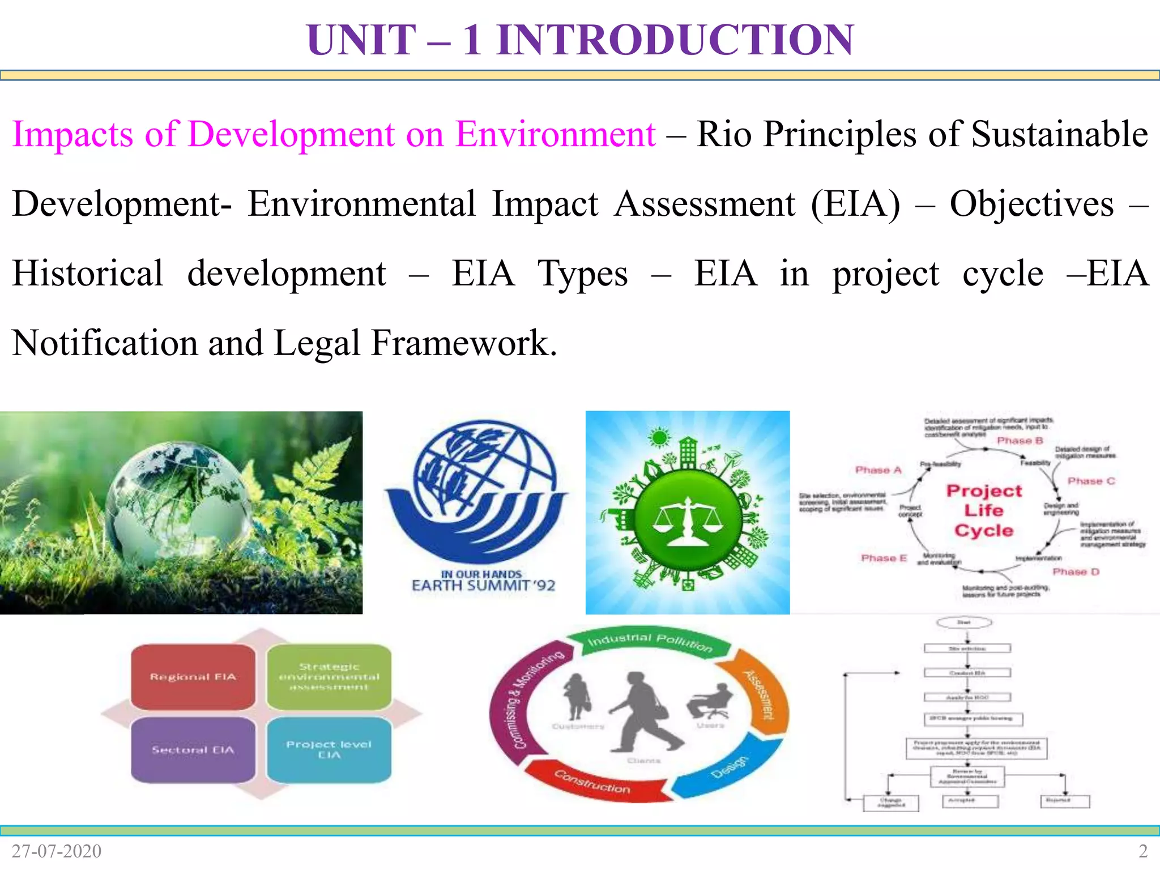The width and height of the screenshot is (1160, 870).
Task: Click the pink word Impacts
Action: (x=72, y=135)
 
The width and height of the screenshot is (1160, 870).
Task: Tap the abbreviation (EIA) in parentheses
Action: (x=855, y=204)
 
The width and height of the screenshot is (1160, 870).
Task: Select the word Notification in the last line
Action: (x=105, y=343)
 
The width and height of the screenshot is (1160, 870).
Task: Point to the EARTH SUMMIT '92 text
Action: (x=483, y=585)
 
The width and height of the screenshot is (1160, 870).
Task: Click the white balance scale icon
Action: (x=688, y=521)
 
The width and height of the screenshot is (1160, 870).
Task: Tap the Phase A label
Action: (x=878, y=470)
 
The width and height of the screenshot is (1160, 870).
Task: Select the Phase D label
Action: (x=1076, y=572)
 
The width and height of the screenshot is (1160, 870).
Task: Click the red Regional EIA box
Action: (x=193, y=676)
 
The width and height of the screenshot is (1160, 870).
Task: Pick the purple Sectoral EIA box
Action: (x=193, y=750)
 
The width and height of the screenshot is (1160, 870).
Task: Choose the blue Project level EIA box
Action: (x=329, y=750)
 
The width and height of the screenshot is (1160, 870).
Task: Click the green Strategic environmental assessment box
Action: (x=329, y=676)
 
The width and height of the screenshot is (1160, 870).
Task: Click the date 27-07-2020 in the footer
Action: (x=57, y=851)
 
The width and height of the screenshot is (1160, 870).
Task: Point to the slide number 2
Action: (x=1142, y=851)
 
